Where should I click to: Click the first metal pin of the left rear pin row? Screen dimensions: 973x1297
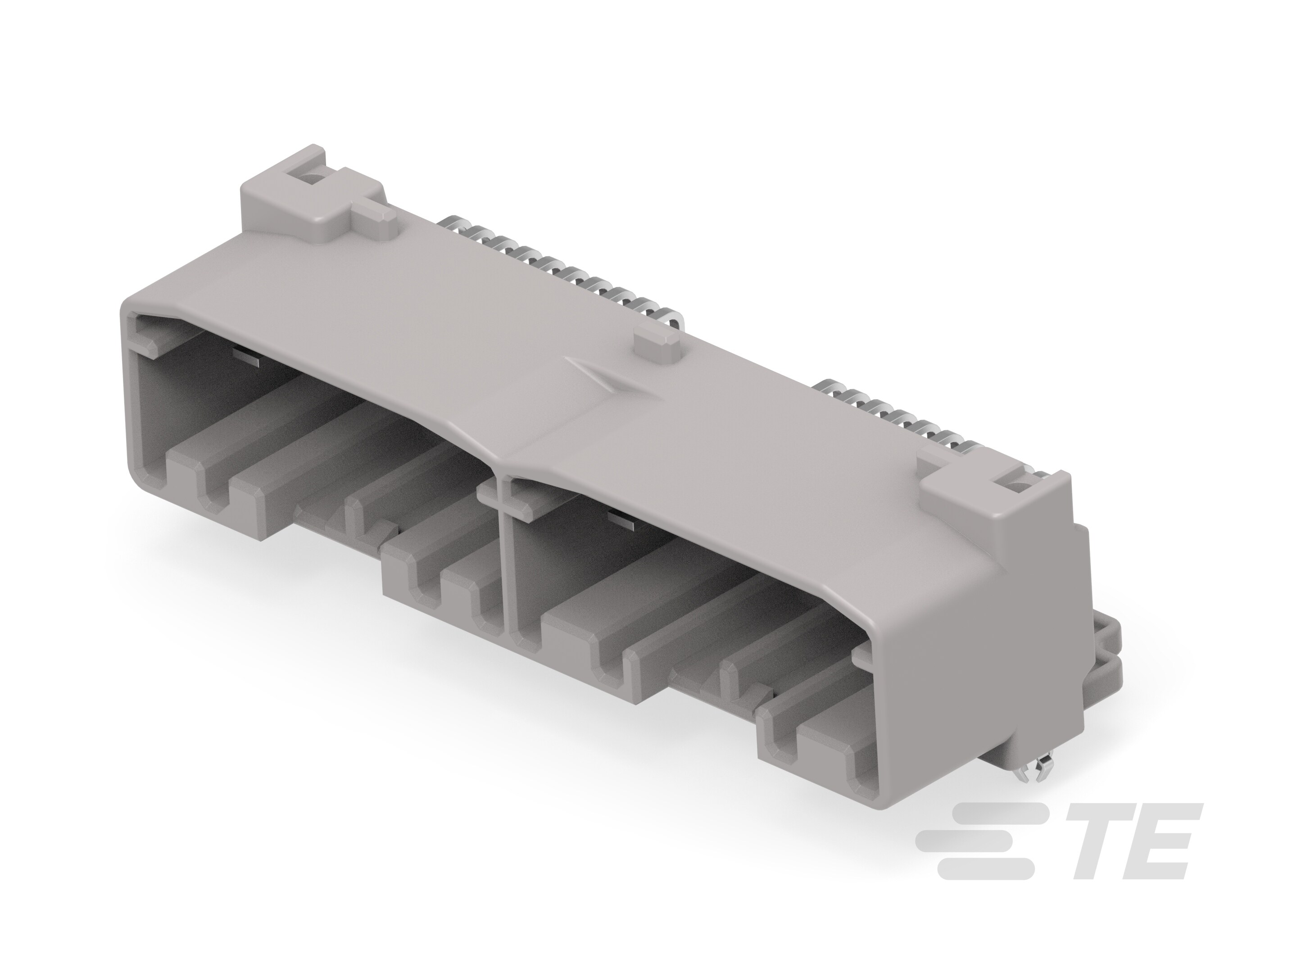(454, 226)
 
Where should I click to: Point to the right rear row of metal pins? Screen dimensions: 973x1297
(897, 419)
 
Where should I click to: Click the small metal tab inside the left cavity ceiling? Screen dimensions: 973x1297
(246, 355)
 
